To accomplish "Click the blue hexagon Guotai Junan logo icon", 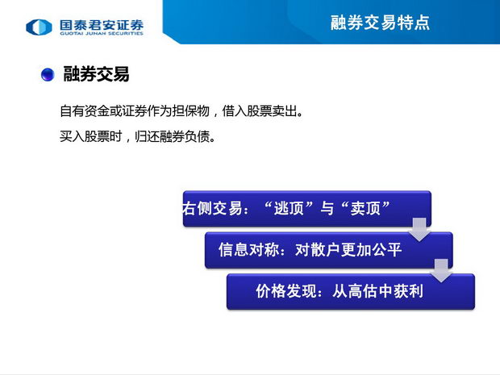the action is pyautogui.click(x=39, y=27).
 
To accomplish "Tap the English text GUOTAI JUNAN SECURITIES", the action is pyautogui.click(x=102, y=33).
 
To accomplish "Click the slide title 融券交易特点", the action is pyautogui.click(x=380, y=23).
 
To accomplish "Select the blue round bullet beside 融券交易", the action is pyautogui.click(x=48, y=74).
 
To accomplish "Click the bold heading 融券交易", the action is pyautogui.click(x=96, y=74).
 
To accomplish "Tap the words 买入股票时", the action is pyautogui.click(x=91, y=136).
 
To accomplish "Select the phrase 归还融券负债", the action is pyautogui.click(x=173, y=136).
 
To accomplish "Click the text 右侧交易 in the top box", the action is pyautogui.click(x=212, y=209).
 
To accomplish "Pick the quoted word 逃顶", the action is pyautogui.click(x=289, y=209).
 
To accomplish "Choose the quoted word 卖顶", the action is pyautogui.click(x=365, y=209).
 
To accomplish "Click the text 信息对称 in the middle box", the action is pyautogui.click(x=249, y=250).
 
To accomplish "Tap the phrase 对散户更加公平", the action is pyautogui.click(x=348, y=250).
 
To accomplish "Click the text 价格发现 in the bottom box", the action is pyautogui.click(x=286, y=291).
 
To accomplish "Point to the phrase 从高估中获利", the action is pyautogui.click(x=378, y=291).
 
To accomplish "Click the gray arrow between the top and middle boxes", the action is pyautogui.click(x=419, y=229).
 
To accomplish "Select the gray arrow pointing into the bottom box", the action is pyautogui.click(x=441, y=270).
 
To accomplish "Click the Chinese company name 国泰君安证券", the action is pyautogui.click(x=102, y=24).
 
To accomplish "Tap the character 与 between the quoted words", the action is pyautogui.click(x=327, y=209).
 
